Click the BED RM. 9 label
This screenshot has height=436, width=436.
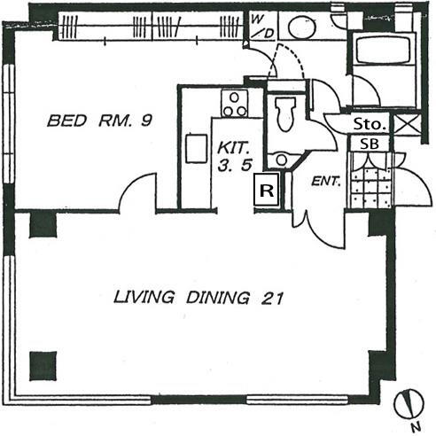pyautogui.click(x=99, y=121)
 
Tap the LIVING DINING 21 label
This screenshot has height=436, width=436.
pyautogui.click(x=199, y=298)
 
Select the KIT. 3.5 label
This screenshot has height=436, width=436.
pyautogui.click(x=235, y=156)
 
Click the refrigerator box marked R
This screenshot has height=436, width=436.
pyautogui.click(x=267, y=190)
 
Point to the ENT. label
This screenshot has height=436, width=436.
pyautogui.click(x=326, y=181)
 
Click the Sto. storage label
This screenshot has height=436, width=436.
pyautogui.click(x=370, y=124)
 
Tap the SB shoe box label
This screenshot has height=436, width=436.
pyautogui.click(x=370, y=144)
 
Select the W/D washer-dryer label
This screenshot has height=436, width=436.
pyautogui.click(x=262, y=27)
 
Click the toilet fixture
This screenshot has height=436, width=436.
pyautogui.click(x=285, y=113)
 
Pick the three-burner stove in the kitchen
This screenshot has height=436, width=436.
pyautogui.click(x=235, y=104)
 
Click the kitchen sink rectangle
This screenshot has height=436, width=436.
pyautogui.click(x=196, y=148)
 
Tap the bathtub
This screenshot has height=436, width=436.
pyautogui.click(x=383, y=50)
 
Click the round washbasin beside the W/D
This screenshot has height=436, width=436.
pyautogui.click(x=302, y=27)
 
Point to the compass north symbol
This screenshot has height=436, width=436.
pyautogui.click(x=409, y=404)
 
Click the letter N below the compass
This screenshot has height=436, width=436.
pyautogui.click(x=416, y=426)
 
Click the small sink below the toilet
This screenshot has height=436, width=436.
pyautogui.click(x=282, y=160)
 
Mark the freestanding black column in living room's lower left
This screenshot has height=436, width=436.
pyautogui.click(x=43, y=366)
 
